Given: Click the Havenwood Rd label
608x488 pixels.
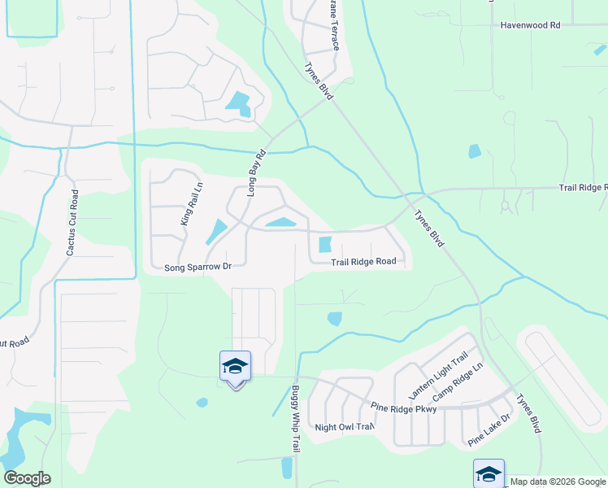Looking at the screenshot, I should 532,25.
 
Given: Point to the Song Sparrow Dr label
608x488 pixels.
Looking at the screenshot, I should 198,267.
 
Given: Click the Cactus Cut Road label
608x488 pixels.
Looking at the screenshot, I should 72,223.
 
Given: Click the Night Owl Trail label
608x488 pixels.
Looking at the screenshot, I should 344,427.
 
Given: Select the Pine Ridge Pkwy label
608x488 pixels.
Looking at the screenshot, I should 403,408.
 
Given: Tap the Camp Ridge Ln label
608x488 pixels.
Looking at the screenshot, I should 458,379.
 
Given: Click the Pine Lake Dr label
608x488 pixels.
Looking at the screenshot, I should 488,430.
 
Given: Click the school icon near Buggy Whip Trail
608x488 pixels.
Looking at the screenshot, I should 235,366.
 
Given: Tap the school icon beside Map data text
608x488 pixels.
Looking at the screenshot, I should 489,473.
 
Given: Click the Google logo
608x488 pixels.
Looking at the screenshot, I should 27,478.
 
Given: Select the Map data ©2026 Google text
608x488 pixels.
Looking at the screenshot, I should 557,481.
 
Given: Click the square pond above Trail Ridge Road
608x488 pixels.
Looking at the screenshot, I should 325,244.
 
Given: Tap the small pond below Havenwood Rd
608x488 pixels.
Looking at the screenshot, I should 475,151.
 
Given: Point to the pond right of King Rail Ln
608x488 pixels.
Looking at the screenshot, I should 216,231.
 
